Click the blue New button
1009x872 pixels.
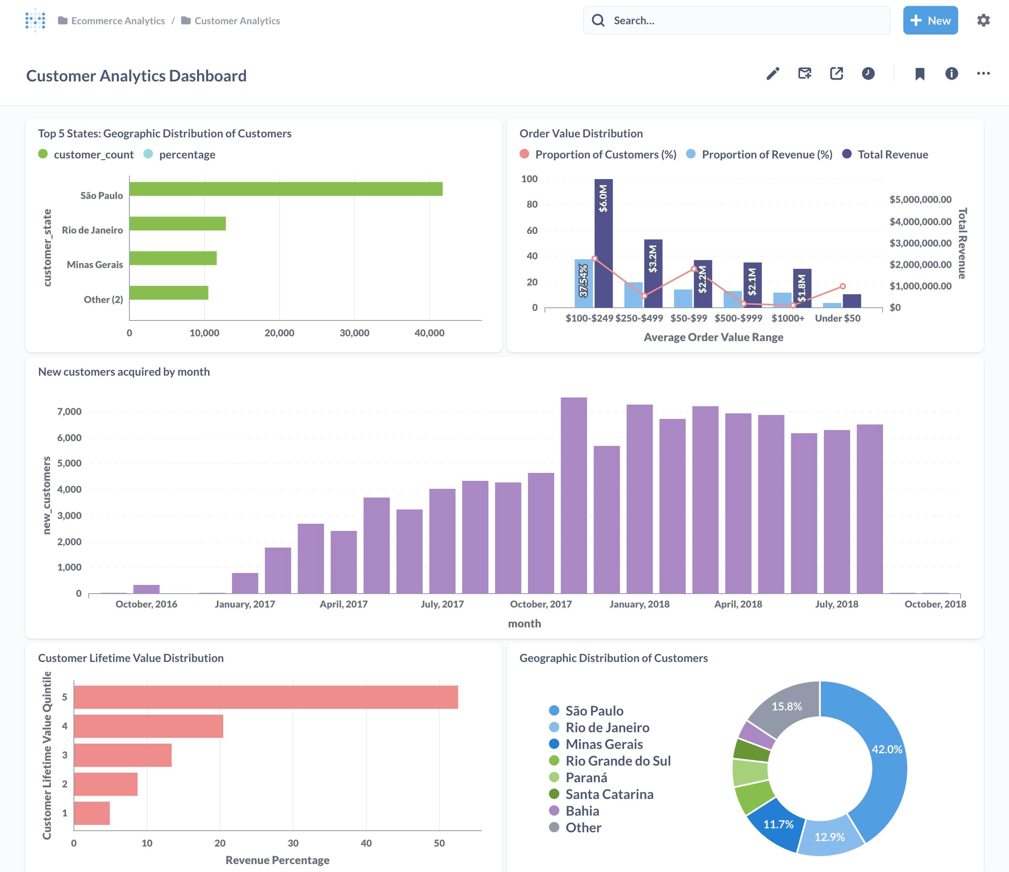[930, 20]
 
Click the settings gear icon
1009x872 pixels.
[983, 20]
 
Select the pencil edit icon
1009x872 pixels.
[773, 73]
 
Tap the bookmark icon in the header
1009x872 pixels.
[919, 74]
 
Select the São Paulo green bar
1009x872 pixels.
[286, 189]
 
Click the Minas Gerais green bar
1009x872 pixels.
[173, 258]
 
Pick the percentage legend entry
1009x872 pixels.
[187, 154]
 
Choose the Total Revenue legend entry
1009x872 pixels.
[892, 154]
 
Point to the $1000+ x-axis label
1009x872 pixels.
[787, 318]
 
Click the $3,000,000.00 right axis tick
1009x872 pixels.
[920, 243]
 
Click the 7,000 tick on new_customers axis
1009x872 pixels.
[69, 411]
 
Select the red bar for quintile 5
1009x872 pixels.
[265, 697]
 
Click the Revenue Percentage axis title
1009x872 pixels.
[277, 860]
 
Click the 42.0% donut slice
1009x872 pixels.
[884, 760]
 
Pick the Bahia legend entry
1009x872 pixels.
[582, 811]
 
